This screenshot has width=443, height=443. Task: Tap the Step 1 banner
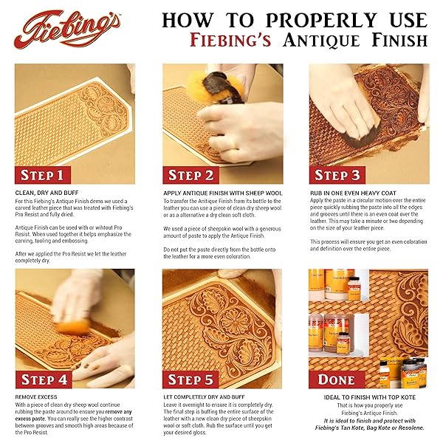pyautogui.click(x=47, y=175)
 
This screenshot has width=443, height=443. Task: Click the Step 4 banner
pyautogui.click(x=47, y=380)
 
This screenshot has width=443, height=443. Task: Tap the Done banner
pyautogui.click(x=337, y=380)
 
